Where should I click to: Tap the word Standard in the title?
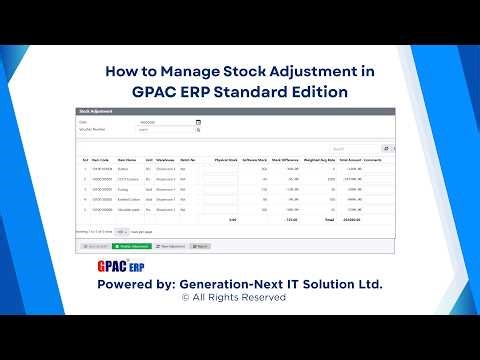(x=262, y=91)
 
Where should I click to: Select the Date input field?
(x=165, y=122)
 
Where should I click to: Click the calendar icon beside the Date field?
(x=198, y=122)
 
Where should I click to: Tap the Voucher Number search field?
(x=165, y=129)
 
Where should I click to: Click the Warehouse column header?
(x=165, y=158)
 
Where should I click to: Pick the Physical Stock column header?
(x=226, y=158)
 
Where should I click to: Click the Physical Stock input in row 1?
(x=220, y=169)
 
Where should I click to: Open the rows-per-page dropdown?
(x=121, y=231)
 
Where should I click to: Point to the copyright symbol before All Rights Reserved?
(x=185, y=297)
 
